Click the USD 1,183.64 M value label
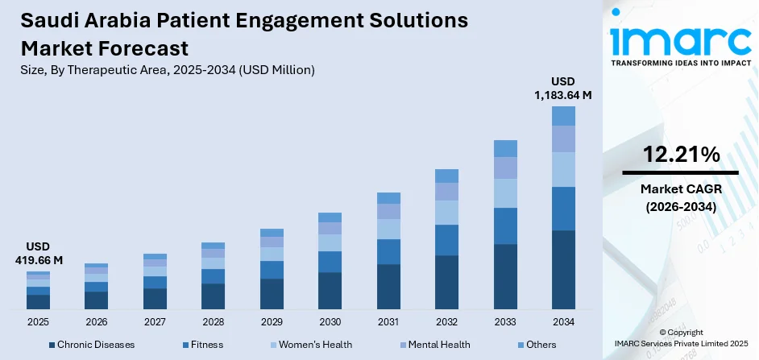(563, 89)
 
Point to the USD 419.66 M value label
(38, 254)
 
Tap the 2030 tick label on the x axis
(330, 321)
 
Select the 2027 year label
(155, 321)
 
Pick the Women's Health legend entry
(315, 345)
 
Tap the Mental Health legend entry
(437, 345)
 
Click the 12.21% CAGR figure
(681, 155)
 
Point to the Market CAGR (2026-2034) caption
(681, 197)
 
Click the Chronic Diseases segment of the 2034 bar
(563, 270)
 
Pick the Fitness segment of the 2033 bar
(505, 226)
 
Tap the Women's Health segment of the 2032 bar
(446, 212)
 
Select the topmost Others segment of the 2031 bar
(388, 198)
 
